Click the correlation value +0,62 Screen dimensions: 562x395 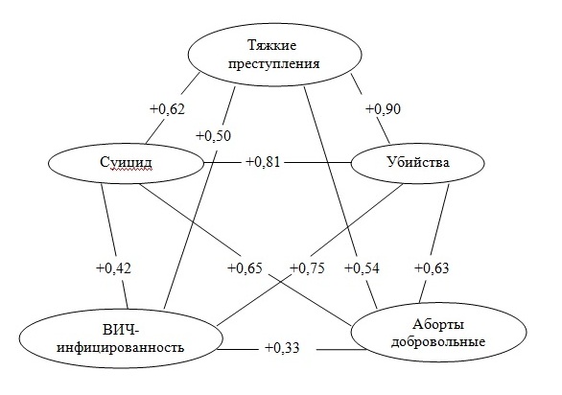[x=167, y=109]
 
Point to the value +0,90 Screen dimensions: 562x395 [x=383, y=109]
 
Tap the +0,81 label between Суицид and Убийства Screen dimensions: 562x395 [x=263, y=162]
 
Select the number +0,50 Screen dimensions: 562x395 [x=213, y=136]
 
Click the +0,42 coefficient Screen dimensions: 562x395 [x=113, y=267]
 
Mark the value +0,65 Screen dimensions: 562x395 [x=246, y=267]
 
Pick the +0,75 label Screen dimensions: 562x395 [x=307, y=267]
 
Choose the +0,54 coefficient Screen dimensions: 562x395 [x=362, y=267]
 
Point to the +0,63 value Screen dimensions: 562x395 [x=432, y=267]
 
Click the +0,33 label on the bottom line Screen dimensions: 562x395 [x=282, y=348]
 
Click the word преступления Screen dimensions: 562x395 [x=274, y=64]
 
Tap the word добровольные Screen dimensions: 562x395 [x=438, y=341]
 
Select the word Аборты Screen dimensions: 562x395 [x=438, y=324]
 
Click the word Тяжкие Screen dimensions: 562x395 [x=272, y=46]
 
